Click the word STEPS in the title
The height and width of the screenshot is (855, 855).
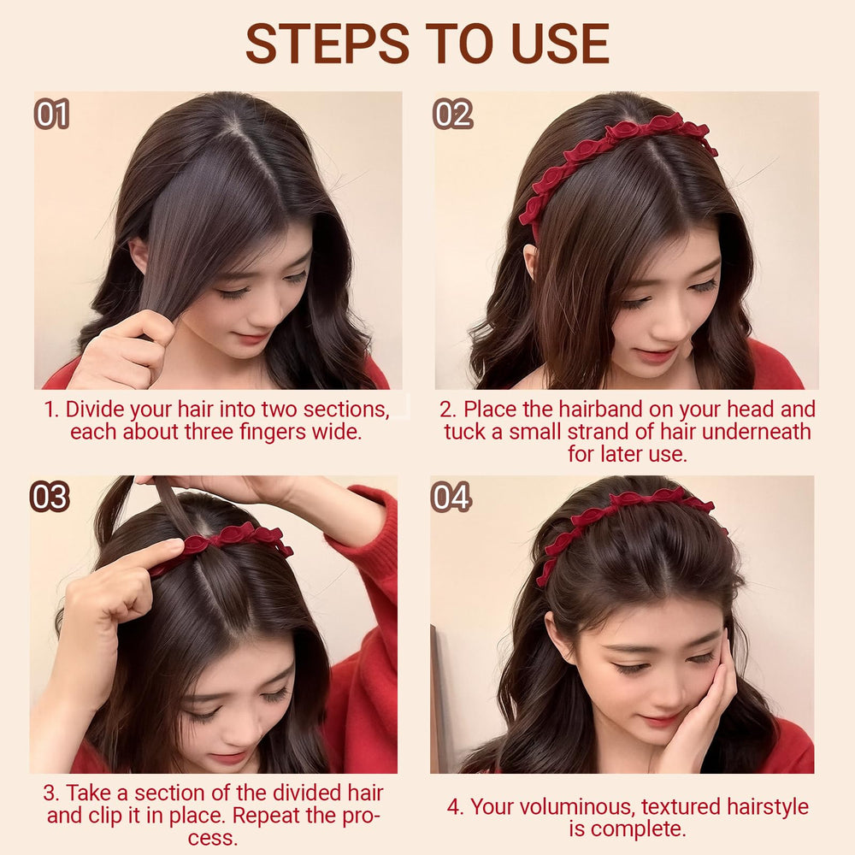327,44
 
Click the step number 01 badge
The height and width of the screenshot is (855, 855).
52,114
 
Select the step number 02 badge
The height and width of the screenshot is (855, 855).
452,114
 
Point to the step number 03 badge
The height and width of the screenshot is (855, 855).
50,497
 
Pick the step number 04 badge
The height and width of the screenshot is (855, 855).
451,497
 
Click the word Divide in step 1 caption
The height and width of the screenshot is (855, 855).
96,409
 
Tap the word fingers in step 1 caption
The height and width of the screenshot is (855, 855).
266,432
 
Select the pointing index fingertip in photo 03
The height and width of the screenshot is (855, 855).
174,545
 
